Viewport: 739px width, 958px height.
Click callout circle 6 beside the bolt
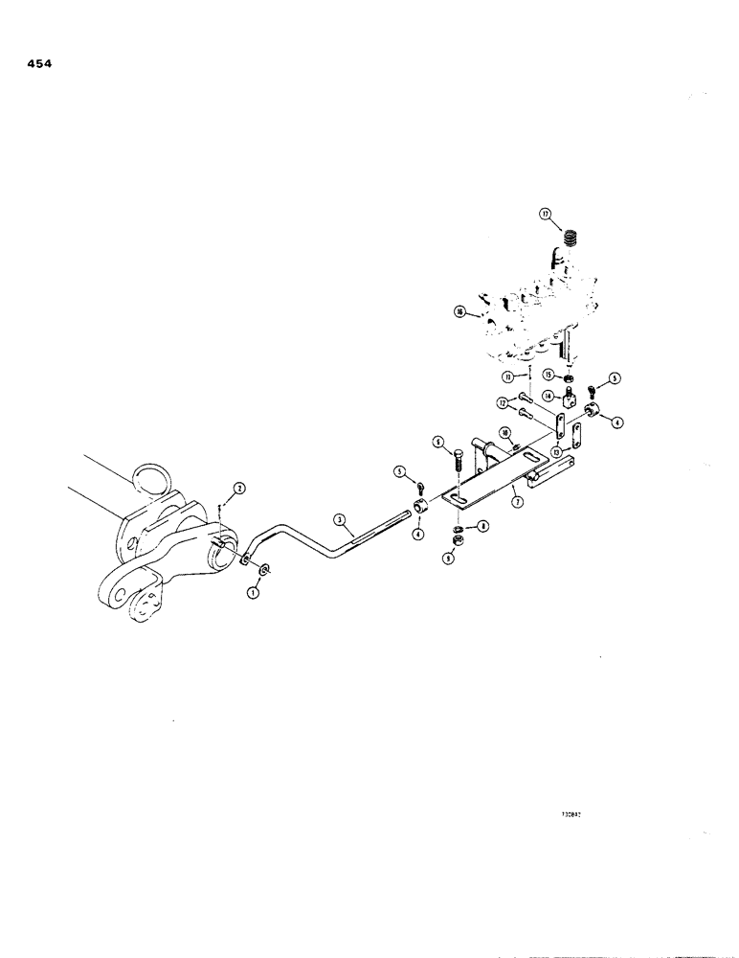(x=437, y=442)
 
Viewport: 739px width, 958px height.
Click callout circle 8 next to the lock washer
(x=483, y=525)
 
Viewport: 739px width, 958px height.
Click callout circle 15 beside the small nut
(x=549, y=374)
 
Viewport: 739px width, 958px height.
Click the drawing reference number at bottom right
(x=573, y=816)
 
